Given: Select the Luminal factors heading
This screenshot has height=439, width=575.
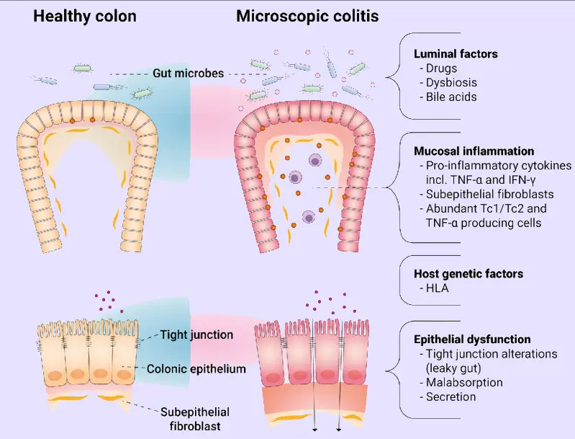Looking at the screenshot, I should pyautogui.click(x=456, y=54).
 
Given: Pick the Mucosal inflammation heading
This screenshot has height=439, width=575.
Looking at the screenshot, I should pyautogui.click(x=474, y=151).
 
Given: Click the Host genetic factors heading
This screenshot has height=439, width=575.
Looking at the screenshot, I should pyautogui.click(x=468, y=274).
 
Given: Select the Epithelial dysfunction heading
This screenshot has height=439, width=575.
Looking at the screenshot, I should pyautogui.click(x=473, y=339).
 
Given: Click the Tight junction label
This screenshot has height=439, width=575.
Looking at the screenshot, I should pyautogui.click(x=197, y=334).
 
